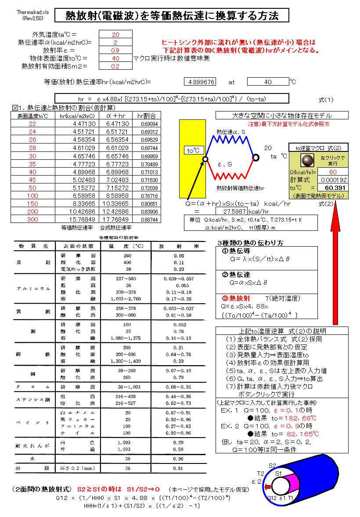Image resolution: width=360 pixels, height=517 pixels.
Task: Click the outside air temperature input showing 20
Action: tap(115, 35)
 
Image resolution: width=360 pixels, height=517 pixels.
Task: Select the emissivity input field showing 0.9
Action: tap(115, 50)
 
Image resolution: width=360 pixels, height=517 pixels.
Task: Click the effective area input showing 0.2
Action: tap(115, 66)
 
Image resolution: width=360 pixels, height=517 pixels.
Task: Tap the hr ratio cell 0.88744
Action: tap(147, 219)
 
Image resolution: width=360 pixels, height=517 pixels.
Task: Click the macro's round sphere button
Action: tap(303, 159)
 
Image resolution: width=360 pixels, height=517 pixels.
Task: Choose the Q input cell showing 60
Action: tap(333, 172)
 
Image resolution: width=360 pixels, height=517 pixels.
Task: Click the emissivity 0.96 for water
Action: tap(166, 458)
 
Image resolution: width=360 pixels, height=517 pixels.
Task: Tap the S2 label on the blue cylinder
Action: tap(272, 466)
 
